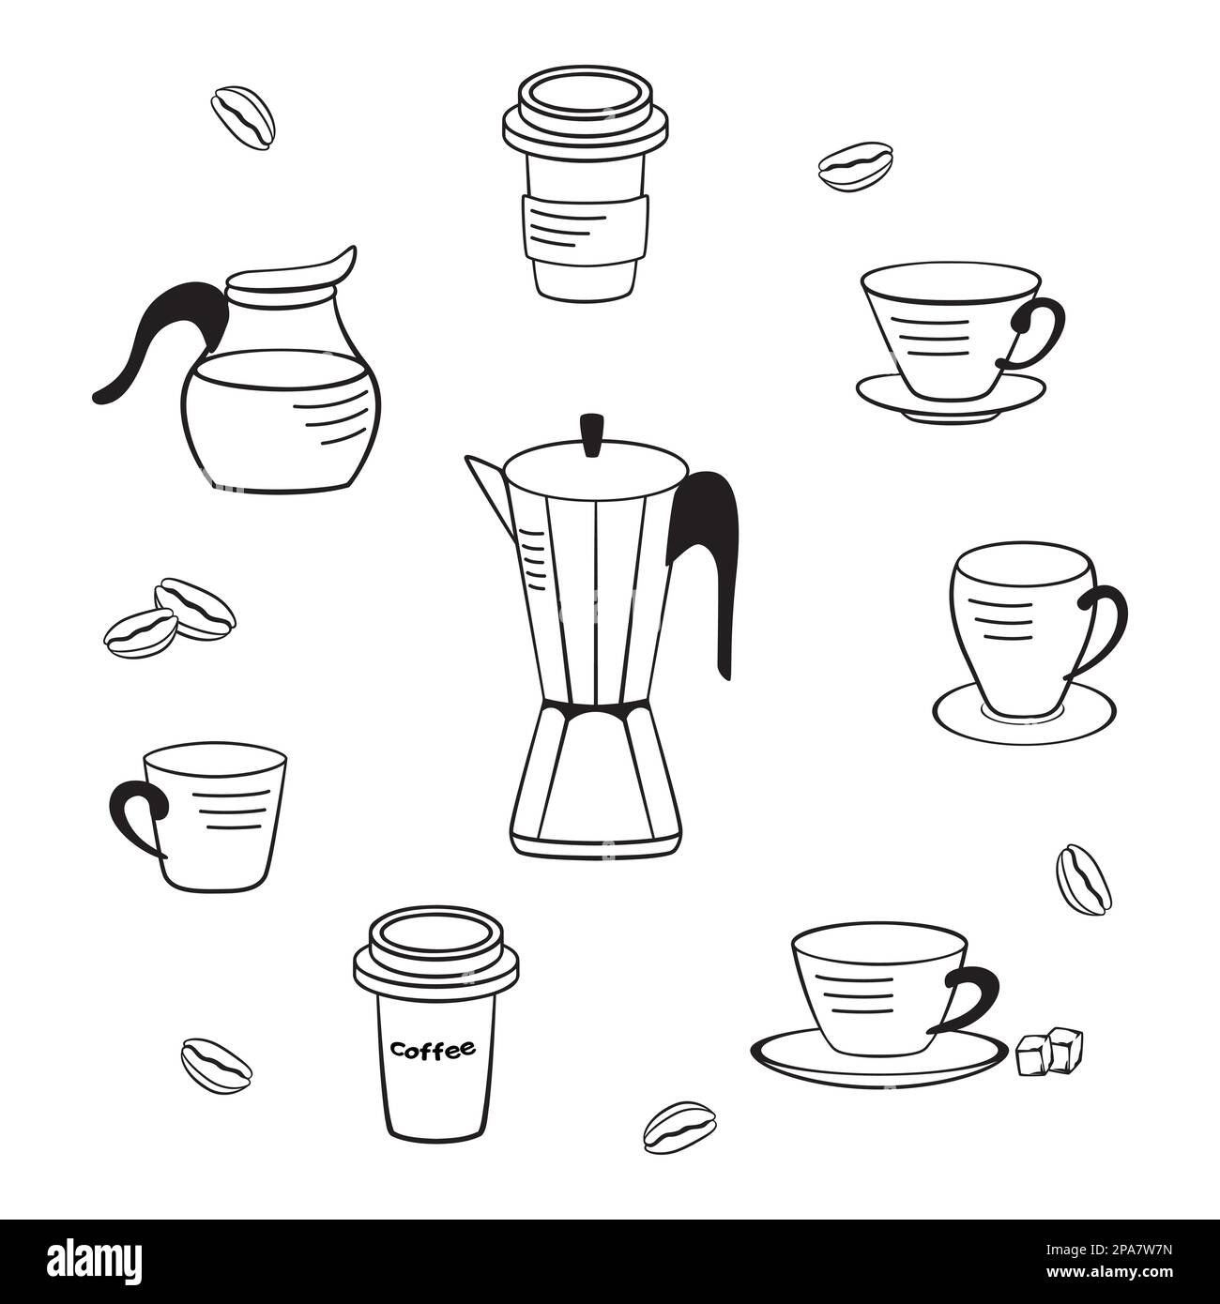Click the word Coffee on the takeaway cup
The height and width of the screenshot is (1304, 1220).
coord(433,1049)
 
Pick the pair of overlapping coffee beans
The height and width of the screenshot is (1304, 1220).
coord(169,617)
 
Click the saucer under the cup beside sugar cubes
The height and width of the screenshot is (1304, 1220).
coord(873,1060)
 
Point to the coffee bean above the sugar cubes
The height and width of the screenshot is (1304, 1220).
coord(1083,878)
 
